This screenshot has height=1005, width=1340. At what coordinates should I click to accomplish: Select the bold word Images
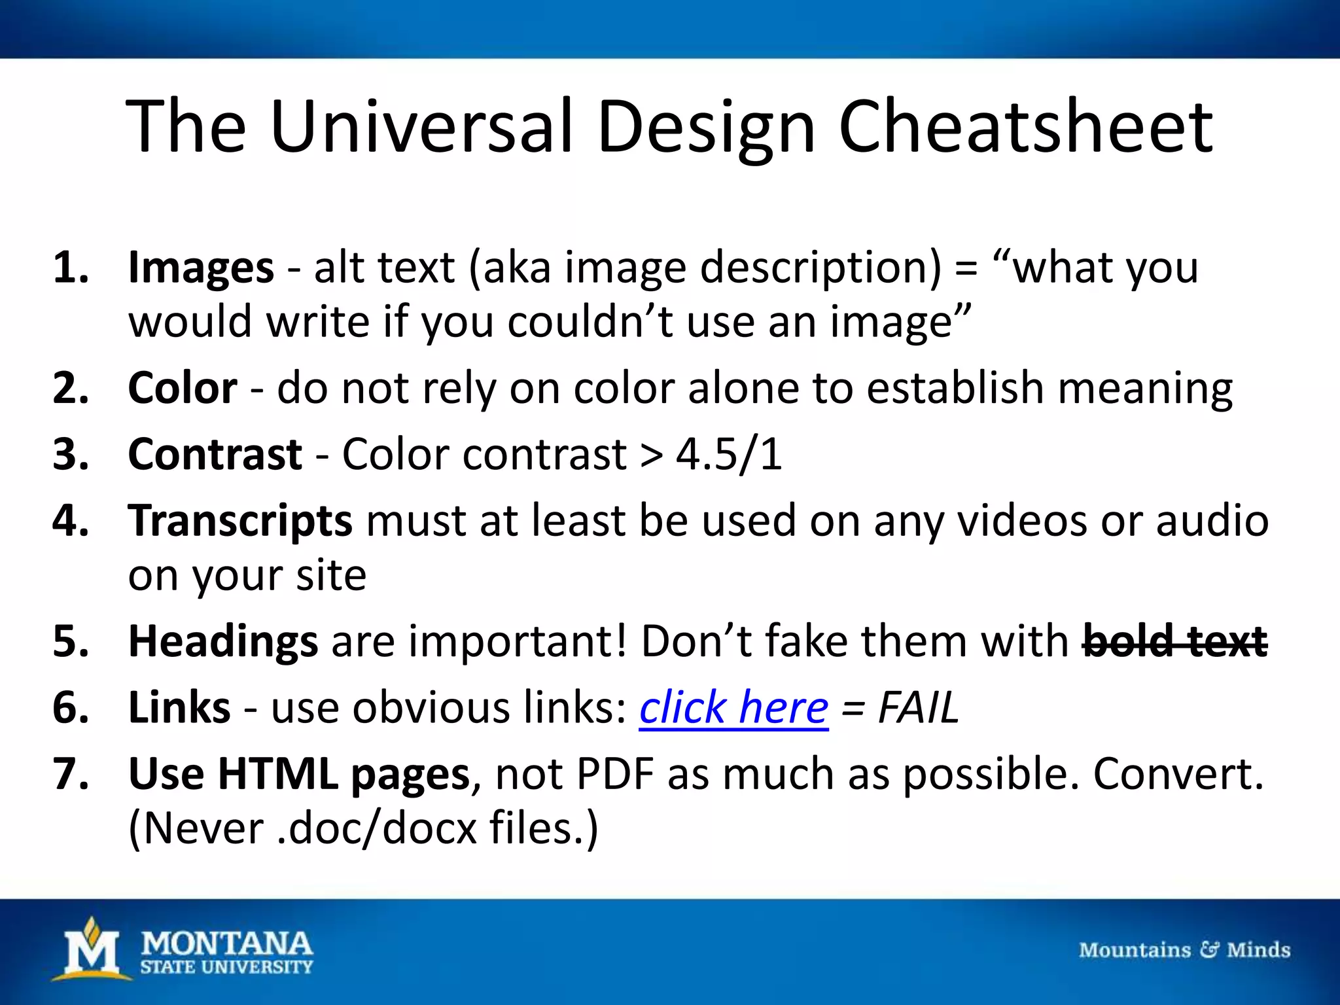click(201, 268)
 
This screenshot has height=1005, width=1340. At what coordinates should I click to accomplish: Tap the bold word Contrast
click(215, 454)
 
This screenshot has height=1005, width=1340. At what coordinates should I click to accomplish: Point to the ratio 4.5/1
click(729, 454)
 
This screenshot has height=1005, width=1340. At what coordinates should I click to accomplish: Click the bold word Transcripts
click(240, 521)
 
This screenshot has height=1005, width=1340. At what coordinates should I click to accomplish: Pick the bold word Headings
click(223, 641)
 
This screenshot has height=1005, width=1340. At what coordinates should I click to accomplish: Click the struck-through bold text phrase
click(1175, 641)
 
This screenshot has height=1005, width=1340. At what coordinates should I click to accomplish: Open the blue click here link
click(733, 708)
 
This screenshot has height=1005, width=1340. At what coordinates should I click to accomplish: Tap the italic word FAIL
click(917, 708)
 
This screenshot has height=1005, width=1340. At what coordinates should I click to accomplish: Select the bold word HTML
click(278, 774)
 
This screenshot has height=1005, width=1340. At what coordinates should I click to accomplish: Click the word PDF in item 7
click(615, 774)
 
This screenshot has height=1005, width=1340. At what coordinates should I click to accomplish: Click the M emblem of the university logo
click(92, 951)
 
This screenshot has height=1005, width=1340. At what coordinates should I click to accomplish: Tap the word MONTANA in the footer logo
click(226, 943)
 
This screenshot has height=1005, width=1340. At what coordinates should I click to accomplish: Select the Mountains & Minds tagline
click(1184, 950)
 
